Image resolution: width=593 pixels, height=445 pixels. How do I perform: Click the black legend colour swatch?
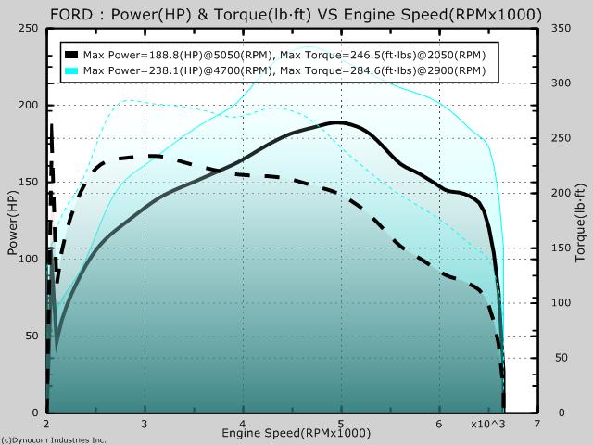71,55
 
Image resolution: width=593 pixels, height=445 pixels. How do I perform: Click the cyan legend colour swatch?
71,70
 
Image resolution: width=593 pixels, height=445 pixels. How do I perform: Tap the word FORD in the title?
71,15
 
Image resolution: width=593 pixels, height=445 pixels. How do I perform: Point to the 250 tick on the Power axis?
29,29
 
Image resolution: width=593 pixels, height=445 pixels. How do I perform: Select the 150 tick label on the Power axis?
29,182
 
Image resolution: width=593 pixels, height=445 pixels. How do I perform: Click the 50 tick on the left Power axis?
32,336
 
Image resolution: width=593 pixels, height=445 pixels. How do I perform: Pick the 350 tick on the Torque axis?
561,29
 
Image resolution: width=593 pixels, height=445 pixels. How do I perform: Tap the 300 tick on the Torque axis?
561,83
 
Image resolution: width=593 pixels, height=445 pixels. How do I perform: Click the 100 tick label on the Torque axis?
561,303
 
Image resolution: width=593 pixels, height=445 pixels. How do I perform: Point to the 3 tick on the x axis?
145,424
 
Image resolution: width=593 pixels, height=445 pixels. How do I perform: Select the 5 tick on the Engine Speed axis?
341,424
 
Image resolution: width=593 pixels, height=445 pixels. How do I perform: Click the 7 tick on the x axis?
537,424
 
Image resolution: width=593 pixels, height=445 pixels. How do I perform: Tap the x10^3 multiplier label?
488,425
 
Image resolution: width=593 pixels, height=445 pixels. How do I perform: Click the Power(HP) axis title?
13,222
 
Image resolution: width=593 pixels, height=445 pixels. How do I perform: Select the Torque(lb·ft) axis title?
580,222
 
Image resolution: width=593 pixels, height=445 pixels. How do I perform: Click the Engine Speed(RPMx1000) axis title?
296,433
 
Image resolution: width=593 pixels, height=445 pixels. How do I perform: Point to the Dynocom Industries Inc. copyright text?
54,440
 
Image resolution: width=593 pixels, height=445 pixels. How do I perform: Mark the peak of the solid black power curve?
338,122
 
